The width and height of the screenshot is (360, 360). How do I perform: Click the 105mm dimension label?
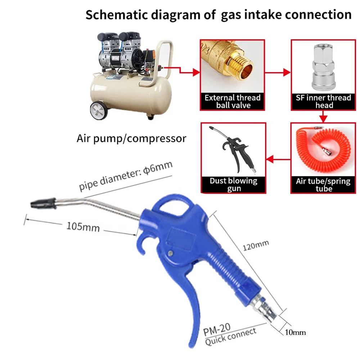(83, 227)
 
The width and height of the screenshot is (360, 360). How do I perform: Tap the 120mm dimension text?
(255, 246)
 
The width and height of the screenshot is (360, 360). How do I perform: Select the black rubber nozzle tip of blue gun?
(42, 203)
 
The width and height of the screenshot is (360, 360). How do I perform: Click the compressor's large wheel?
(99, 110)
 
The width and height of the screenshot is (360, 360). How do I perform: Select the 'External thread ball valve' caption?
(233, 101)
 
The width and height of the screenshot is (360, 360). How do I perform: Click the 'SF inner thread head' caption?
(323, 101)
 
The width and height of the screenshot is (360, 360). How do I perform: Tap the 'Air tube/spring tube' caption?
(323, 184)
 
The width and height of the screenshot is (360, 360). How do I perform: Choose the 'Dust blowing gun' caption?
(233, 184)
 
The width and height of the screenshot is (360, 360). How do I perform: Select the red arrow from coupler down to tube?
(323, 116)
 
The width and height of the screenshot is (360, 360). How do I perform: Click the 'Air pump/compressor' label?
(131, 139)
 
